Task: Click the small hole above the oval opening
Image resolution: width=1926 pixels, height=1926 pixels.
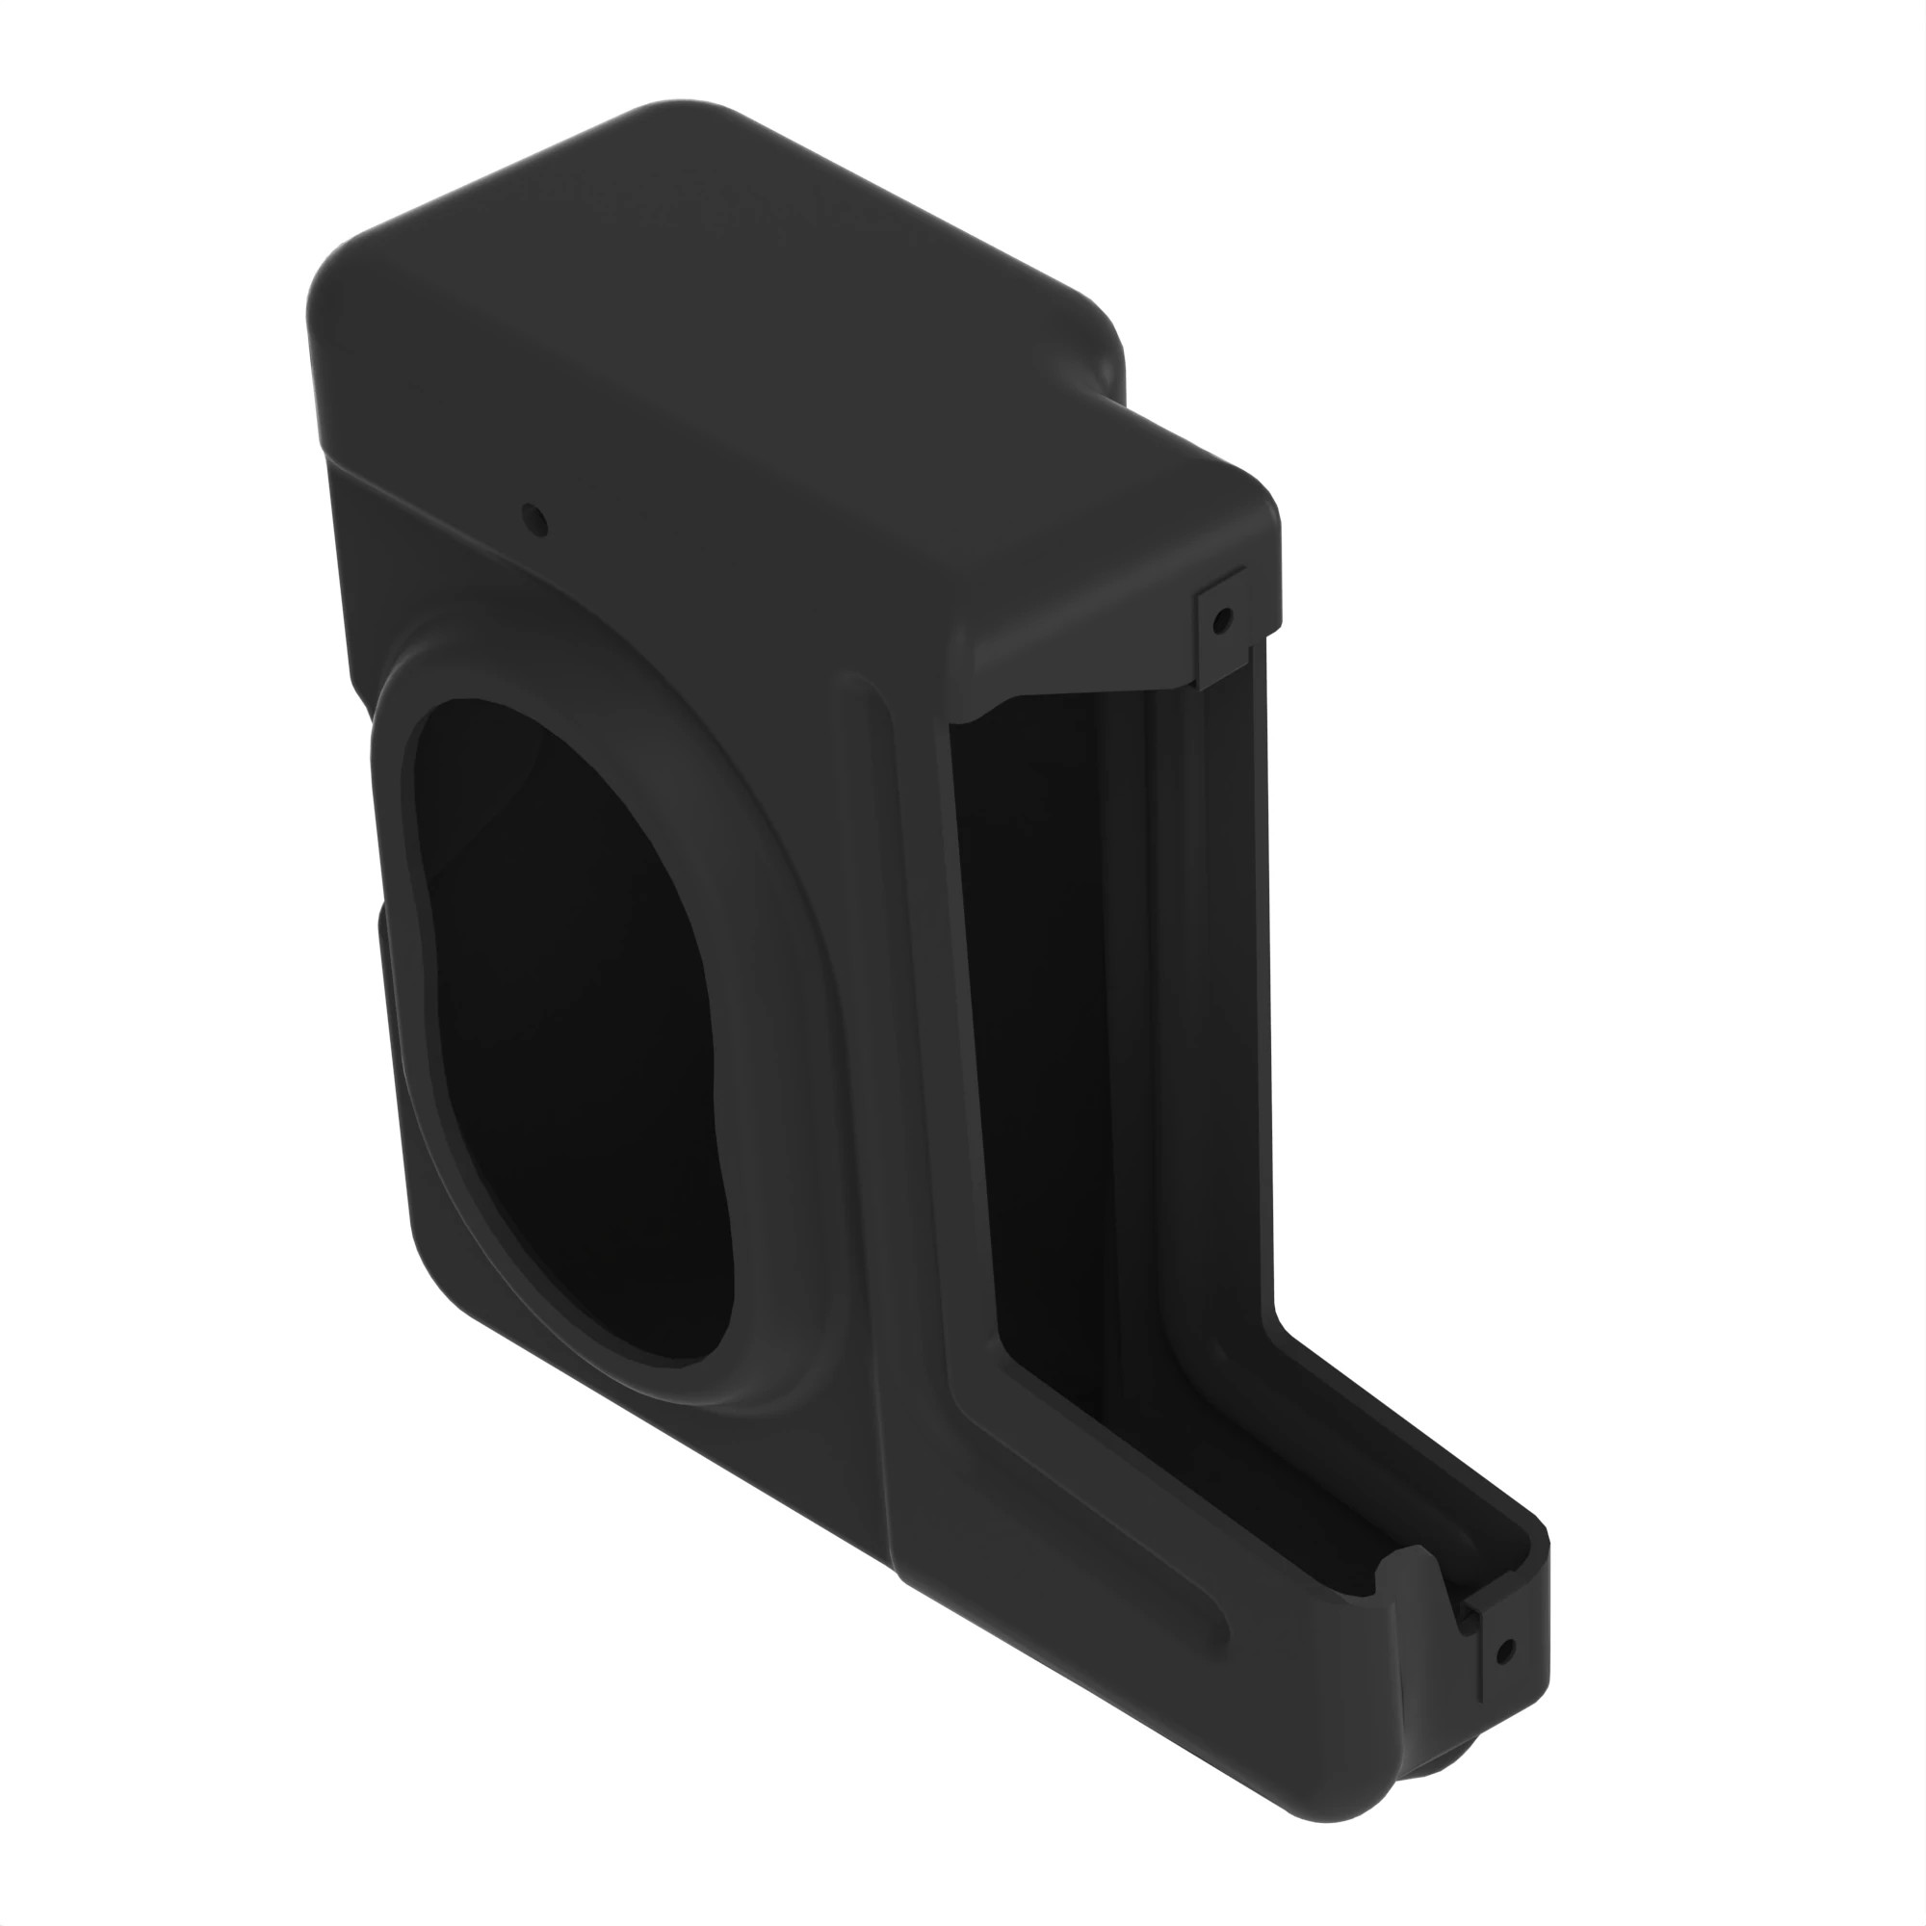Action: tap(534, 518)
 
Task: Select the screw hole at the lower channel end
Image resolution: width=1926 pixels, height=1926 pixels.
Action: tap(1505, 1651)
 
